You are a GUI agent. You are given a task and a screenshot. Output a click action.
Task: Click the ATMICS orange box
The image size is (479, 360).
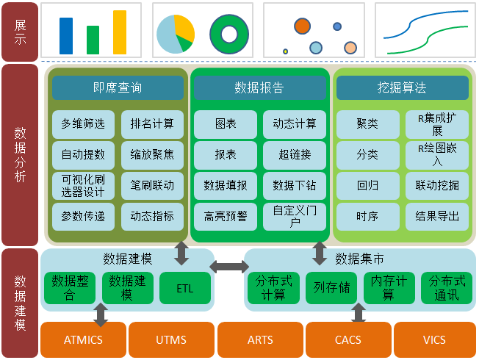83,340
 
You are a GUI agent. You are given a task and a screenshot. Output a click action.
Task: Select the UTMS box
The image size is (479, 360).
171,340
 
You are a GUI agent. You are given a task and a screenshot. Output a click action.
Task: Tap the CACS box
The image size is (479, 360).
347,340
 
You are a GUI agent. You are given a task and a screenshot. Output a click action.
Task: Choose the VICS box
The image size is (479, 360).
434,340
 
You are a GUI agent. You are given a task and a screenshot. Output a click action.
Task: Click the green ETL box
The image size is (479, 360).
185,288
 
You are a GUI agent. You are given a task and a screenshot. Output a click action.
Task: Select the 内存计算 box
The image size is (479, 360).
389,288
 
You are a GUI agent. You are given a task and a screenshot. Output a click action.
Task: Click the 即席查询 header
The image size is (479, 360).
118,88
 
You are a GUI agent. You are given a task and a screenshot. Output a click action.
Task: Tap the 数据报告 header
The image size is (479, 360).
259,88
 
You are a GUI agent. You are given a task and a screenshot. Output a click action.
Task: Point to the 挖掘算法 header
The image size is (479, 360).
402,88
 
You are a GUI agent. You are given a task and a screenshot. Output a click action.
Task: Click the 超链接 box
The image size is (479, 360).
295,155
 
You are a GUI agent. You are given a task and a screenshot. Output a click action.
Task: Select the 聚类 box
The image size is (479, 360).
367,124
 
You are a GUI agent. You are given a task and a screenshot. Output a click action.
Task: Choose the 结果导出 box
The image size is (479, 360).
437,217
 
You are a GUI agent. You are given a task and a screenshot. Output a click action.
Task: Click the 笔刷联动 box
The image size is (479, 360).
152,186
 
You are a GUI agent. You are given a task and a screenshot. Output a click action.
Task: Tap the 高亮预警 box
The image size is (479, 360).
226,217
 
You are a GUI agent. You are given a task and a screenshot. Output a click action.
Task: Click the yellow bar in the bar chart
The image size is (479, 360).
120,32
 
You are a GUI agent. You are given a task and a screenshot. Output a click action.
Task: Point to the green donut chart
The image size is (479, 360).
228,34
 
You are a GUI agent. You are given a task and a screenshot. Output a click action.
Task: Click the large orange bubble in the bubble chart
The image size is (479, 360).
302,26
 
